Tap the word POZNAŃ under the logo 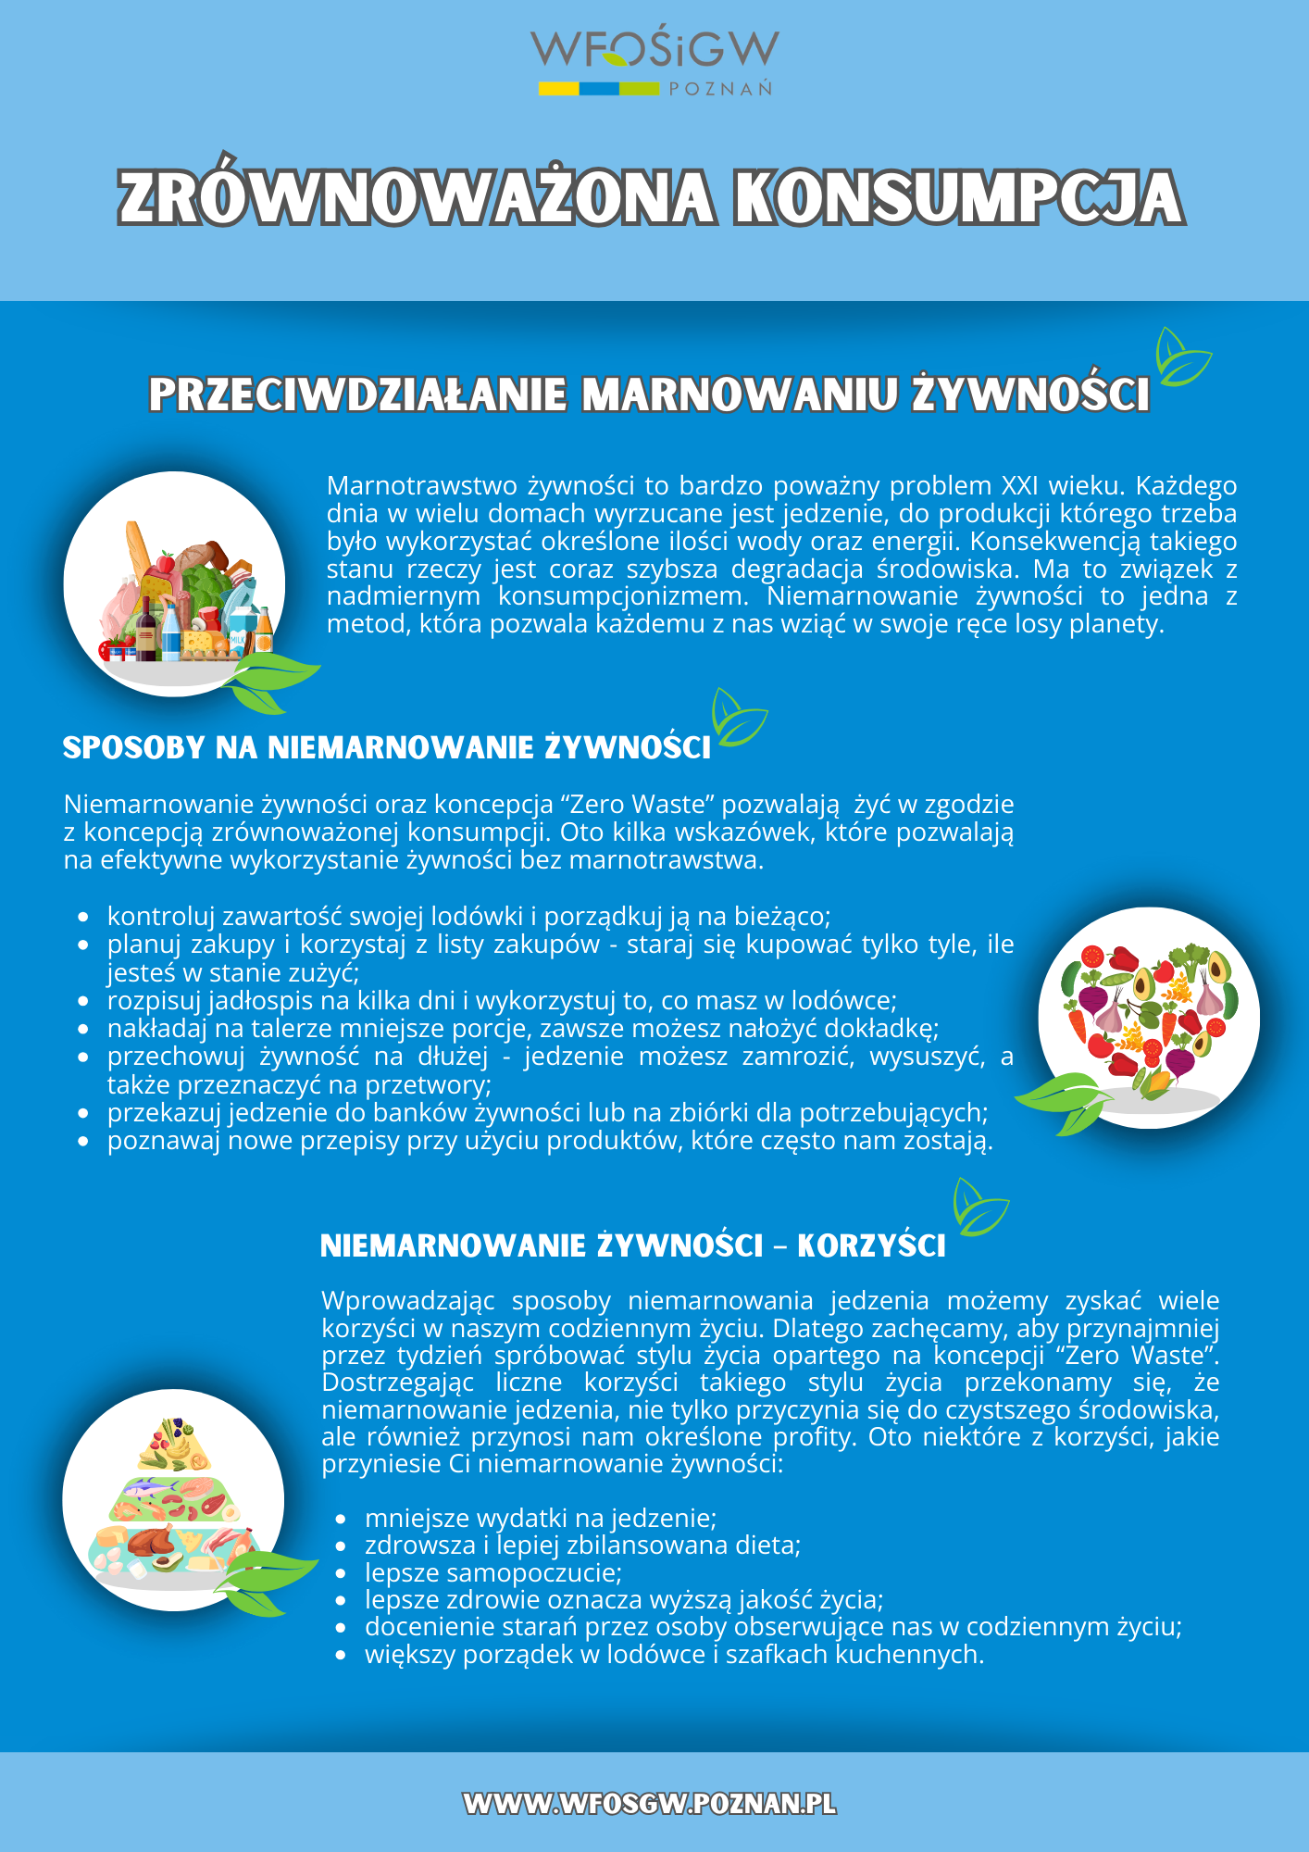point(720,90)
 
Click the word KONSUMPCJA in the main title point(958,198)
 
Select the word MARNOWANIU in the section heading point(739,394)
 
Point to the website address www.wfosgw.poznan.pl point(650,1804)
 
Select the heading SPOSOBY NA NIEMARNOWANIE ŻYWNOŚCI point(386,748)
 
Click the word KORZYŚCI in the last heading point(871,1246)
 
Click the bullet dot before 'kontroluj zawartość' point(83,918)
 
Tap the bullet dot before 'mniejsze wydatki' point(341,1520)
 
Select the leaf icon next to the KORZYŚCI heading point(979,1208)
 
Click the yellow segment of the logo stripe point(559,90)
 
